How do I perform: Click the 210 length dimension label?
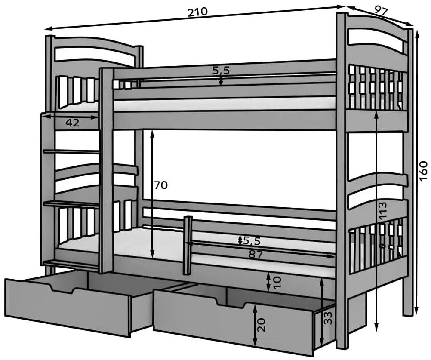197,12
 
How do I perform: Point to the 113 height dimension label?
383,209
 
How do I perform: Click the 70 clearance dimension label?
161,185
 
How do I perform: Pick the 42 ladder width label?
72,123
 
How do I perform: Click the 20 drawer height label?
262,324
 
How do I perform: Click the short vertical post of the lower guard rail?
187,245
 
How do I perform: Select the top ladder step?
71,151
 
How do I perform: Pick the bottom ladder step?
71,262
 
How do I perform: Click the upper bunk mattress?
224,104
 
